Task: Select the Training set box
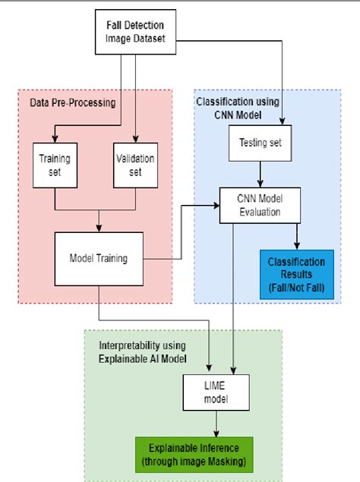(x=55, y=165)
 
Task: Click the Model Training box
(x=99, y=258)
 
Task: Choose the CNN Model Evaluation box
(x=261, y=206)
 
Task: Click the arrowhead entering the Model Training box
(x=99, y=228)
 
